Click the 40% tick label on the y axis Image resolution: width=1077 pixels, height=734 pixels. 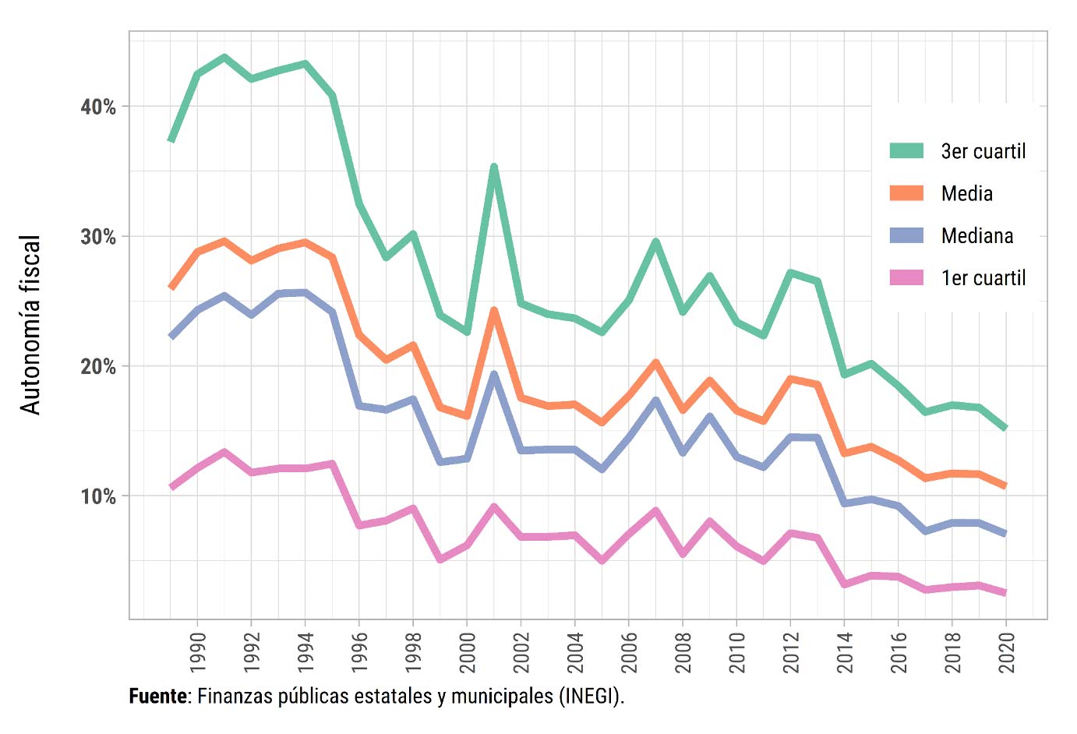click(98, 107)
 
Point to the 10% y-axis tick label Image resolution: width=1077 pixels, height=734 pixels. click(98, 496)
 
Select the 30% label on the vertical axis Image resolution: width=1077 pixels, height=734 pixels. click(98, 237)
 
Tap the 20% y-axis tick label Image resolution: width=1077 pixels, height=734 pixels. click(98, 366)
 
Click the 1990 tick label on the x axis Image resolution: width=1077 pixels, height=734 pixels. click(198, 652)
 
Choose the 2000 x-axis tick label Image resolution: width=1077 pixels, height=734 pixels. click(468, 652)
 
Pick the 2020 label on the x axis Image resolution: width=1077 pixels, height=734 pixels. click(1007, 652)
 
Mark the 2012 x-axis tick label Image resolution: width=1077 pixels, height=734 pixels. click(791, 652)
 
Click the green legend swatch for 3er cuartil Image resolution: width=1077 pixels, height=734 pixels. click(906, 150)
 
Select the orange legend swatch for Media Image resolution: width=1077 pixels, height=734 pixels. click(906, 192)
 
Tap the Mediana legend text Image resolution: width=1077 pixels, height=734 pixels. click(976, 236)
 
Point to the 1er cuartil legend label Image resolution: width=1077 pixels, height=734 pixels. click(983, 278)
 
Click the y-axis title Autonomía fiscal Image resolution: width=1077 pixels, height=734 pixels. click(30, 324)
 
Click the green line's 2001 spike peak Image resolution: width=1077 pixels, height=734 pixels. click(494, 167)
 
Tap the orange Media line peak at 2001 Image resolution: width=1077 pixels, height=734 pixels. click(494, 310)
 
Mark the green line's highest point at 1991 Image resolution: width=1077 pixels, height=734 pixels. click(224, 57)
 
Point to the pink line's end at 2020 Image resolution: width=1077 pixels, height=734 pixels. click(1005, 593)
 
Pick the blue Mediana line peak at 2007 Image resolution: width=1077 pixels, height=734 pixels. click(656, 401)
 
